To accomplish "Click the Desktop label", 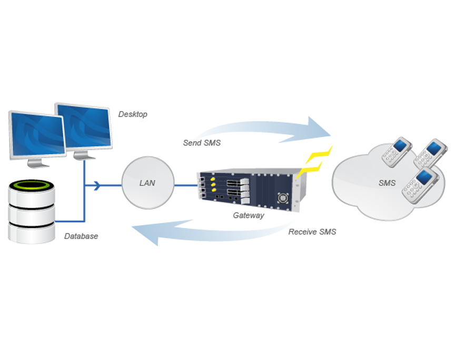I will click(133, 114).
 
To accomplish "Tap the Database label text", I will click(81, 236).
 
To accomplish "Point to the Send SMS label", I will click(202, 143).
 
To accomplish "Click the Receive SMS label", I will click(312, 231).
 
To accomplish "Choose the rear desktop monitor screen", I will click(84, 124).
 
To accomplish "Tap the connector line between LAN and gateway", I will click(185, 186).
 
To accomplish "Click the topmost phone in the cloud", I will click(435, 151).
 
